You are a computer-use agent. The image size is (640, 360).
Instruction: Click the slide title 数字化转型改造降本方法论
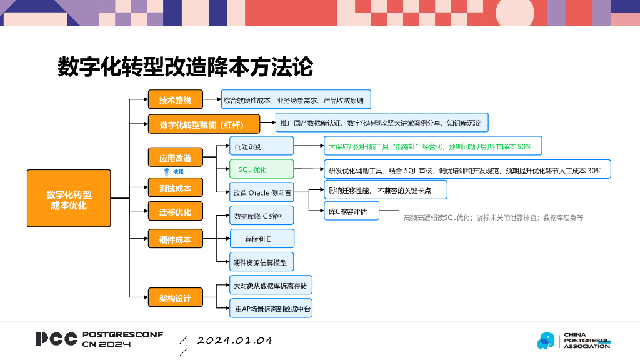click(x=185, y=66)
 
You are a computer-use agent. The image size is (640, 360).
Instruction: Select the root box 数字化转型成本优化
click(x=69, y=198)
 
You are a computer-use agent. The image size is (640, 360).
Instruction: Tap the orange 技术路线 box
click(x=176, y=100)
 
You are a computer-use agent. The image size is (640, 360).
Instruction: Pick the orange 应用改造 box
click(x=176, y=157)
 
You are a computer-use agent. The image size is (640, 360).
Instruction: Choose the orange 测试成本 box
click(x=176, y=187)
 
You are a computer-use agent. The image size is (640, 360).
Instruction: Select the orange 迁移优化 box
click(x=176, y=212)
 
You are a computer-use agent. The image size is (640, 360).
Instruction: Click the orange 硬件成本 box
click(x=176, y=239)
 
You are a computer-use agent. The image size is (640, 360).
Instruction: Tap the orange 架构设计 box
click(x=176, y=298)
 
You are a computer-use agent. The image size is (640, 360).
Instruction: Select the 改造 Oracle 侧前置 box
click(x=262, y=192)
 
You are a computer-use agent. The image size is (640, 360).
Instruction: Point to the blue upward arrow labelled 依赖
click(x=166, y=171)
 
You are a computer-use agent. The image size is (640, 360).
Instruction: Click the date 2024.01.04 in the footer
click(x=235, y=341)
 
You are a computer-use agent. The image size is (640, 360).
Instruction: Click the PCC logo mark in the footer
click(x=57, y=339)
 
